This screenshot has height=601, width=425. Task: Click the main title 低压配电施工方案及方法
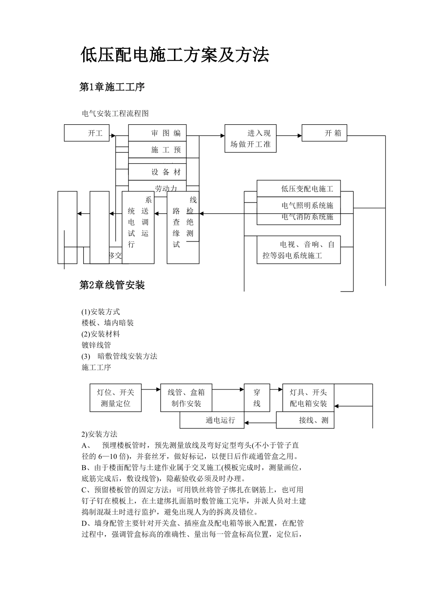(174, 55)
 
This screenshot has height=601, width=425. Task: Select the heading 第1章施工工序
(112, 87)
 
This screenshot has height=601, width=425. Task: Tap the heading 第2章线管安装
(112, 285)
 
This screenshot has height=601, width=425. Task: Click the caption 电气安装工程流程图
(115, 114)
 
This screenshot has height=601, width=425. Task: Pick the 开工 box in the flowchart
(87, 133)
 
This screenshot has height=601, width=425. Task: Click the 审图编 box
(157, 133)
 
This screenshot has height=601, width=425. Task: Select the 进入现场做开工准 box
(251, 139)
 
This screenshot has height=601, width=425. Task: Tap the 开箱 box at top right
(324, 133)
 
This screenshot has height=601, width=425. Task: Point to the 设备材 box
(157, 172)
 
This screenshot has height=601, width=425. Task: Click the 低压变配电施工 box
(299, 189)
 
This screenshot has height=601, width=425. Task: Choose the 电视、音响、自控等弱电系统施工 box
(299, 250)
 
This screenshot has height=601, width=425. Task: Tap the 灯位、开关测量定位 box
(116, 398)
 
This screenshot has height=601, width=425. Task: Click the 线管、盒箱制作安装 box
(186, 398)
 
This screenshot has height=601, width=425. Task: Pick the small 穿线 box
(257, 398)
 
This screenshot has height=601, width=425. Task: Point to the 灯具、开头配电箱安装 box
(309, 398)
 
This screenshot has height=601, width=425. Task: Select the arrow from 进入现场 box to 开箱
(289, 135)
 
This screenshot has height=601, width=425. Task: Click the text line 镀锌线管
(96, 345)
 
